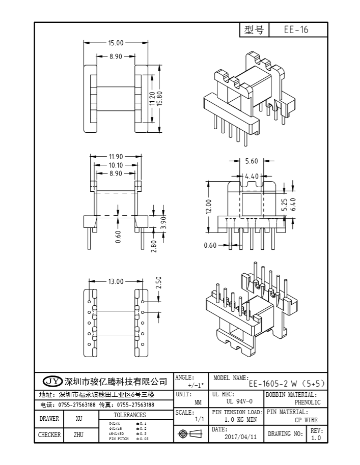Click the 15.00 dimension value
(x=116, y=43)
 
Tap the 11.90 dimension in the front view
(x=116, y=157)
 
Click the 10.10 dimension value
(x=116, y=165)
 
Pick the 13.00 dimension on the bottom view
(x=116, y=281)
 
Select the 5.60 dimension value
(x=252, y=161)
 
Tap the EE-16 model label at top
(x=296, y=30)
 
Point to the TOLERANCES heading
(x=129, y=415)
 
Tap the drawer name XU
(x=79, y=419)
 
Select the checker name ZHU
(x=79, y=435)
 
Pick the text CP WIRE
(x=306, y=420)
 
